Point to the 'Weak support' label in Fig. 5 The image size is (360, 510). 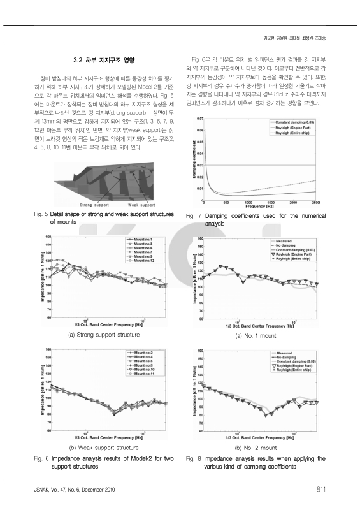click(x=143, y=205)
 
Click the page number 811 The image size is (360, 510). click(x=321, y=490)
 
